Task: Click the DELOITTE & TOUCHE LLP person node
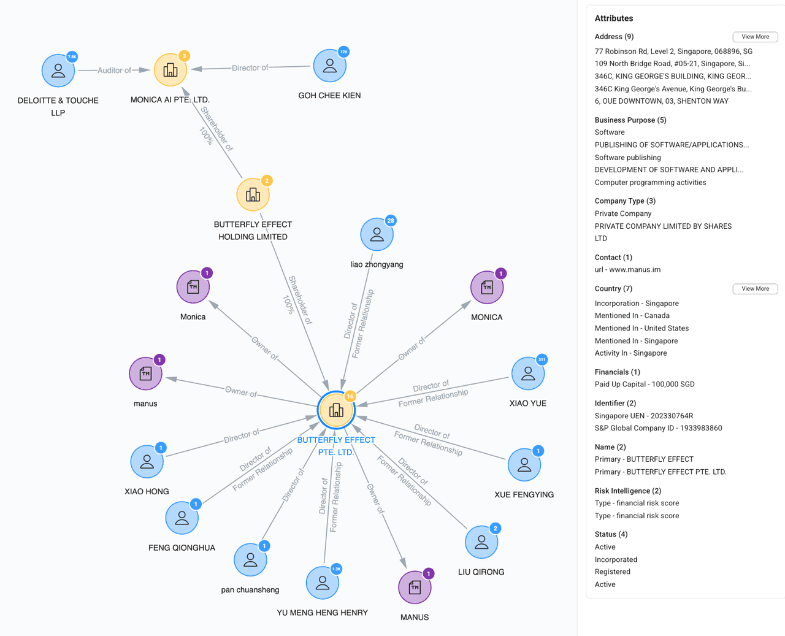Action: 58,71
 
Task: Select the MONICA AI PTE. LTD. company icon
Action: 170,70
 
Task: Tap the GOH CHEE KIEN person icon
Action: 329,66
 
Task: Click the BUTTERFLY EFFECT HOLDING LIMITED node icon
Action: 253,194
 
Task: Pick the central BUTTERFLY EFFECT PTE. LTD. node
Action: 336,410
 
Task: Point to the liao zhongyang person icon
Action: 377,234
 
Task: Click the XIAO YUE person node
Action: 527,374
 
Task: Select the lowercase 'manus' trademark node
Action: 145,374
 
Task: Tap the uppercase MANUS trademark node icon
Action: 415,588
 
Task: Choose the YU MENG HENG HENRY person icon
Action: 322,583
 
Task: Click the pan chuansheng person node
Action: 250,559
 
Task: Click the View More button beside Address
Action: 755,37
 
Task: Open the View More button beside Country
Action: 755,289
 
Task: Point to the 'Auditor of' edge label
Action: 114,71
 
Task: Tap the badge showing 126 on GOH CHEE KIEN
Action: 344,52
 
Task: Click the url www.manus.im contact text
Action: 627,270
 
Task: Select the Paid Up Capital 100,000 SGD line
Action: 644,385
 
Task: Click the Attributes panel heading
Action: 613,18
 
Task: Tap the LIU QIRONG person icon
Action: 481,542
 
